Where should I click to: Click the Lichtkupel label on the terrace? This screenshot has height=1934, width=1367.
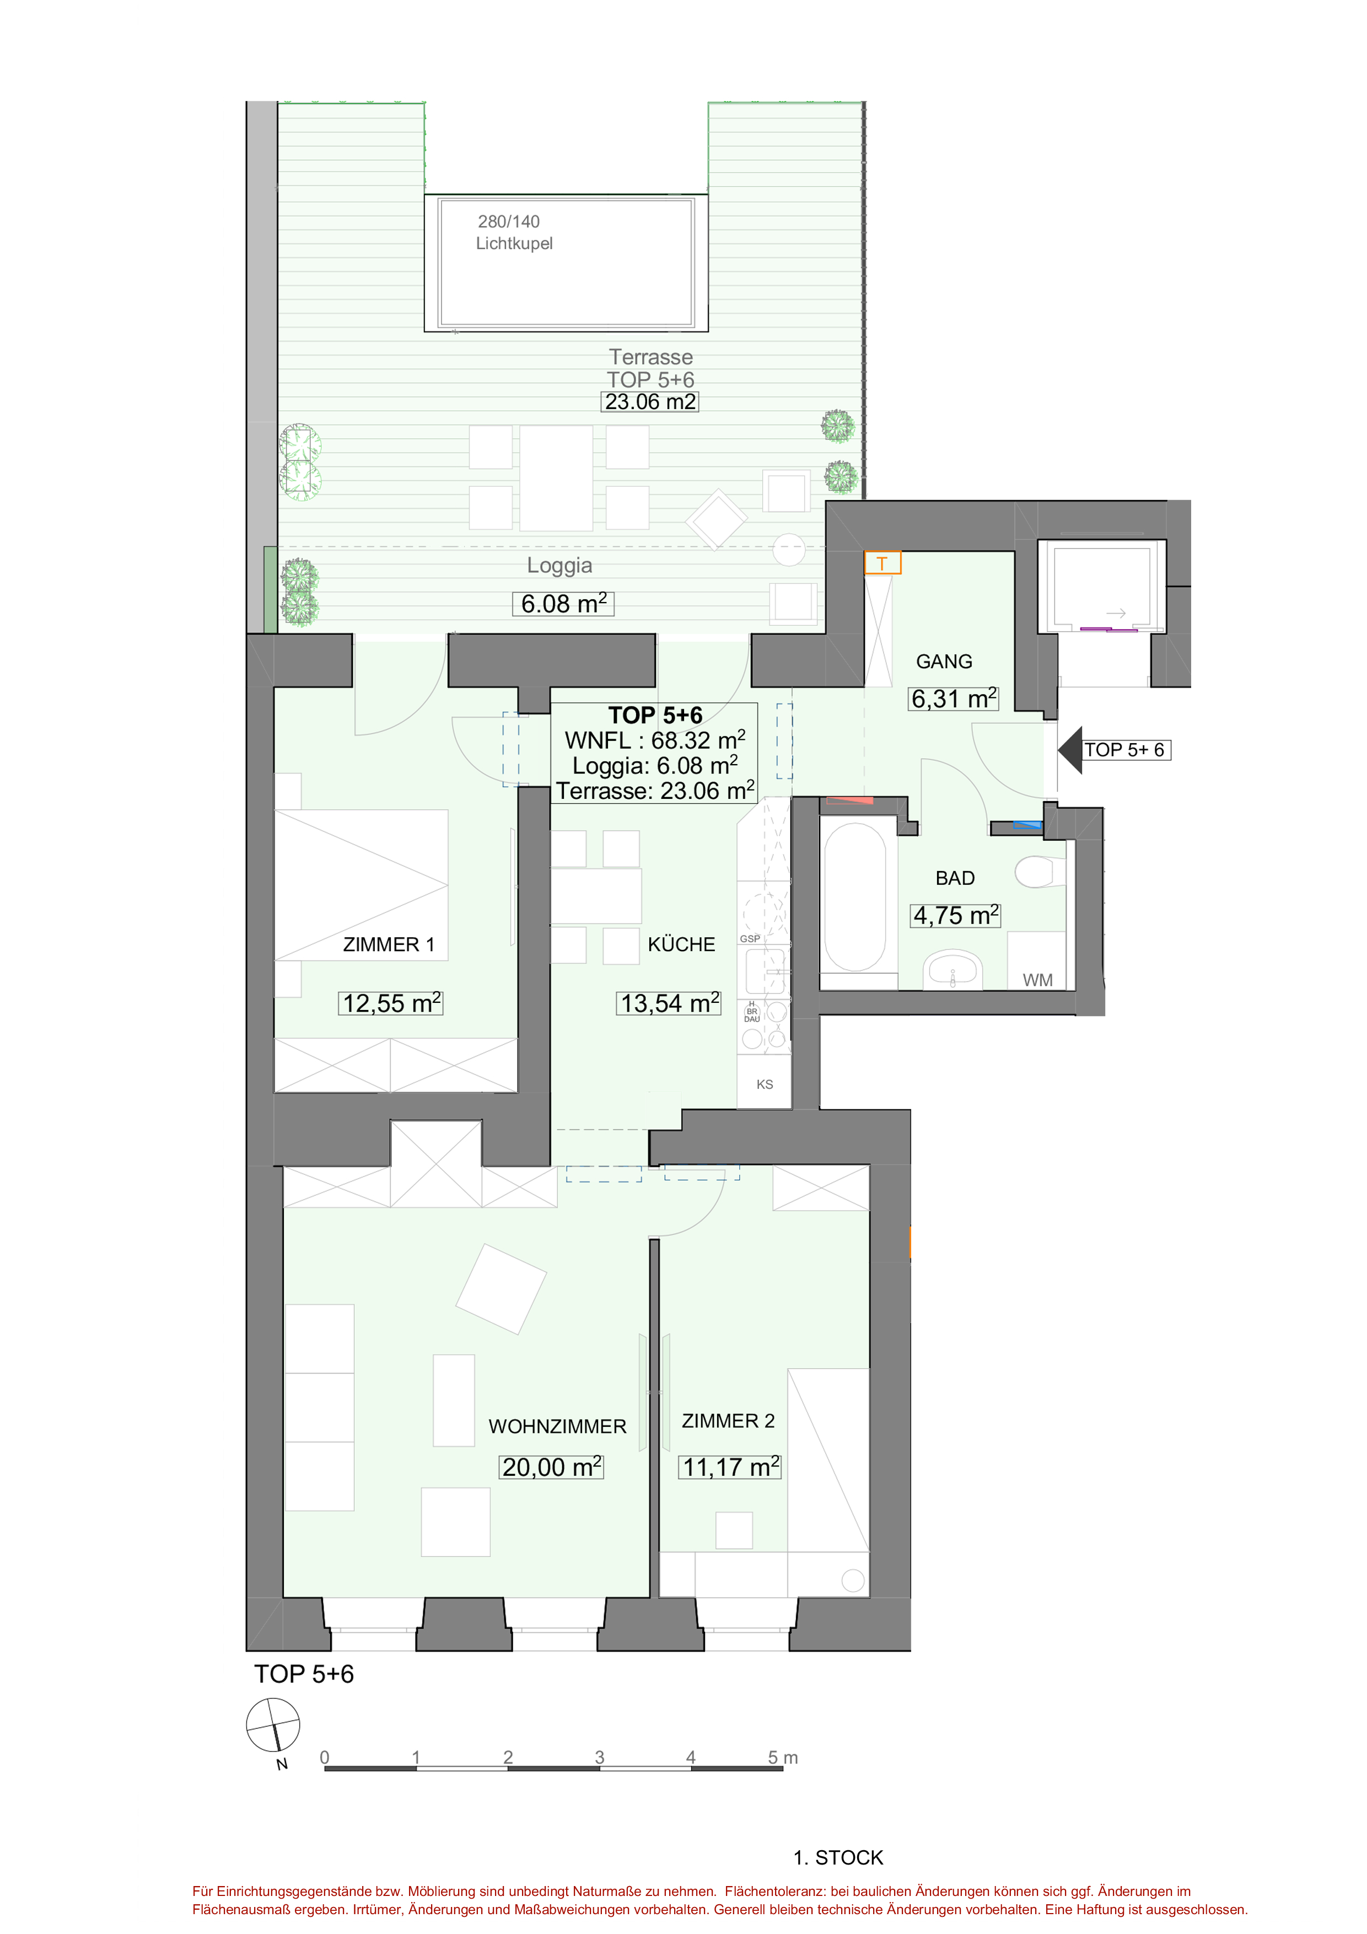coord(514,244)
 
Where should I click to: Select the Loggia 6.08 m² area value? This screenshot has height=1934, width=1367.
coord(563,603)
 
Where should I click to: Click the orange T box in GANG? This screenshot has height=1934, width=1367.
coord(882,563)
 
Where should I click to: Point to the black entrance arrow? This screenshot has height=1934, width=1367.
coord(1070,750)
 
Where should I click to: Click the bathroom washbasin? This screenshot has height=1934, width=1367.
coord(954,970)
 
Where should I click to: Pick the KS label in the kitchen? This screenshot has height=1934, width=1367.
coord(764,1084)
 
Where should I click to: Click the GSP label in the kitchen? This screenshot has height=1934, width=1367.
coord(750,938)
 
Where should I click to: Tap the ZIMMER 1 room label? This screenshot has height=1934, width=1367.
coord(388,944)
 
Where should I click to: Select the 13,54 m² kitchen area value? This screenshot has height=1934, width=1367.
coord(670,1002)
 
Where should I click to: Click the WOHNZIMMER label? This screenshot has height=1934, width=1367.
coord(558,1426)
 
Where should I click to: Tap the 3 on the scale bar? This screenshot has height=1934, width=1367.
coord(600,1757)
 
